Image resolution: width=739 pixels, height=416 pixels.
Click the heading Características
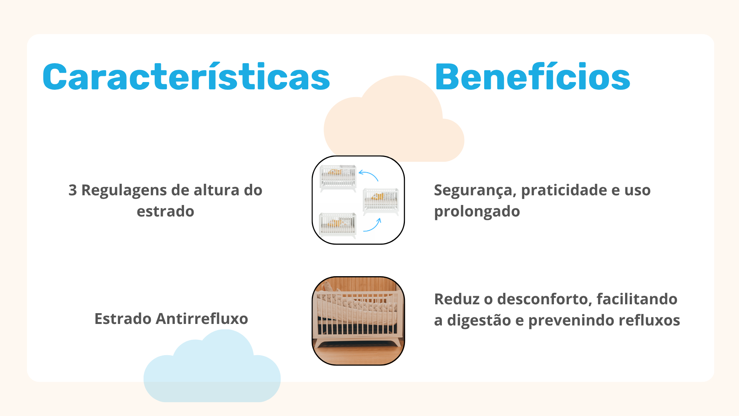coord(186,77)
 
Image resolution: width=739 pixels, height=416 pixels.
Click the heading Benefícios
coord(532,77)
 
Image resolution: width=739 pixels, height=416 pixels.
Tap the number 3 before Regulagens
coord(73,190)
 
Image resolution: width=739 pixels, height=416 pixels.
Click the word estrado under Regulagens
coord(166,211)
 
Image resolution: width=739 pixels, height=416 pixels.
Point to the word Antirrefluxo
coord(202,319)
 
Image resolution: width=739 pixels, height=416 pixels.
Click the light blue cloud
coord(212,370)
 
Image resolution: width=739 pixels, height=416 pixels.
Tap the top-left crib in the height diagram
coord(338,178)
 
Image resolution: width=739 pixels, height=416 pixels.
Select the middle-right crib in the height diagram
coord(381,201)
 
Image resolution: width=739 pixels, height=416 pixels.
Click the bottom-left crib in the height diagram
coord(338,225)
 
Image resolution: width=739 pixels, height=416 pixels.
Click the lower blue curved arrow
coord(373,226)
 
